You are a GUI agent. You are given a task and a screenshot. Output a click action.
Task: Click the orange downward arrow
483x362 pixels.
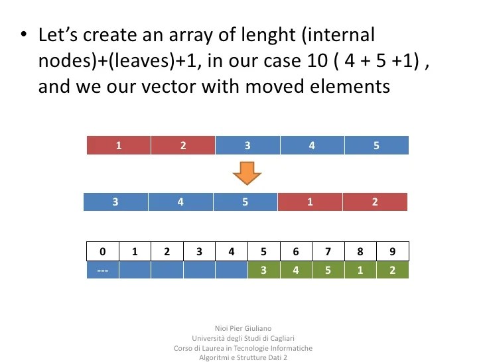click(247, 173)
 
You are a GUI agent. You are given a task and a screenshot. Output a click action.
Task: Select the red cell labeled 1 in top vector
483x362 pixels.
click(119, 145)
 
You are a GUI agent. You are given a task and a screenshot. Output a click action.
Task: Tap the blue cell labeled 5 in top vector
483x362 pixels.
click(376, 145)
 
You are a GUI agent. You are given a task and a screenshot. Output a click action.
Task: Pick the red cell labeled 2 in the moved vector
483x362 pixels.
click(374, 202)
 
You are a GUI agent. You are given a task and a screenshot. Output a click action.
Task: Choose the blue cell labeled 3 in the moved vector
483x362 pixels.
click(115, 202)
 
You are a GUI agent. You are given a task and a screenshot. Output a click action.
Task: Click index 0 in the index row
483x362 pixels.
click(103, 251)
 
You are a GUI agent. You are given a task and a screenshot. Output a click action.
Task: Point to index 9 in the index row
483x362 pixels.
click(393, 251)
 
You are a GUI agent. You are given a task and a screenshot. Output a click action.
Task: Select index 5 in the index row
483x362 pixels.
click(263, 251)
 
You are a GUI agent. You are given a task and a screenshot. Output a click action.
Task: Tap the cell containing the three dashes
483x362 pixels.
click(103, 271)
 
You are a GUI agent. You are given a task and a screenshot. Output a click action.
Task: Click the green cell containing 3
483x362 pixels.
click(263, 271)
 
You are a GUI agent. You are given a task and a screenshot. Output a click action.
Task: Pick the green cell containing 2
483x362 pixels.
click(393, 271)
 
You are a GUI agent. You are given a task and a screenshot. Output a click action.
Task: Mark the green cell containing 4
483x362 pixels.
click(296, 271)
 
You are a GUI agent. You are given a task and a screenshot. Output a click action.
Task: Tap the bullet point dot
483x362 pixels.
click(24, 34)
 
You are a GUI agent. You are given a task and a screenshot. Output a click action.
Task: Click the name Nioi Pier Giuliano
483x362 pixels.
click(243, 328)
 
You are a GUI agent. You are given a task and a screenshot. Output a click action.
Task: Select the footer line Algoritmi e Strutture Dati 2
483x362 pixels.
click(243, 358)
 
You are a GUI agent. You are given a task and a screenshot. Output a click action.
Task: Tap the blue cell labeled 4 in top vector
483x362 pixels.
click(312, 145)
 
